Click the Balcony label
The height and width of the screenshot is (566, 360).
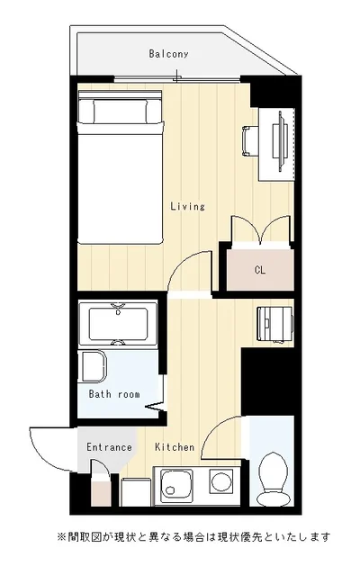(x=168, y=54)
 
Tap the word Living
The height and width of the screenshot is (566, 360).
(x=188, y=206)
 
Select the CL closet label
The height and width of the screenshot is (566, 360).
(x=260, y=270)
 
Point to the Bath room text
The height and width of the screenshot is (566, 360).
(x=114, y=394)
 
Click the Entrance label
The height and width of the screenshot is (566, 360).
(x=109, y=447)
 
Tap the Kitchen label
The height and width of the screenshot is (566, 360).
(x=175, y=447)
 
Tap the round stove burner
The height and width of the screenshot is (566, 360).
(x=222, y=481)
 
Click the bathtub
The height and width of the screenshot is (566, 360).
(x=118, y=323)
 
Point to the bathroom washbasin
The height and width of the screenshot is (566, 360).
(x=94, y=366)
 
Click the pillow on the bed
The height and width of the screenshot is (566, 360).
(x=121, y=112)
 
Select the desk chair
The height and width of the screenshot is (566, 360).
(x=250, y=141)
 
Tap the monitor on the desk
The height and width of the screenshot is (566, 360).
(x=280, y=140)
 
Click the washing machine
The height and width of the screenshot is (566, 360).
(x=274, y=324)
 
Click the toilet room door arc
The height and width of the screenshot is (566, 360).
(x=217, y=429)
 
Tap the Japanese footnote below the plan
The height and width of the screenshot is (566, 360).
(x=193, y=537)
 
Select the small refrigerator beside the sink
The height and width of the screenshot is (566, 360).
(x=136, y=492)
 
